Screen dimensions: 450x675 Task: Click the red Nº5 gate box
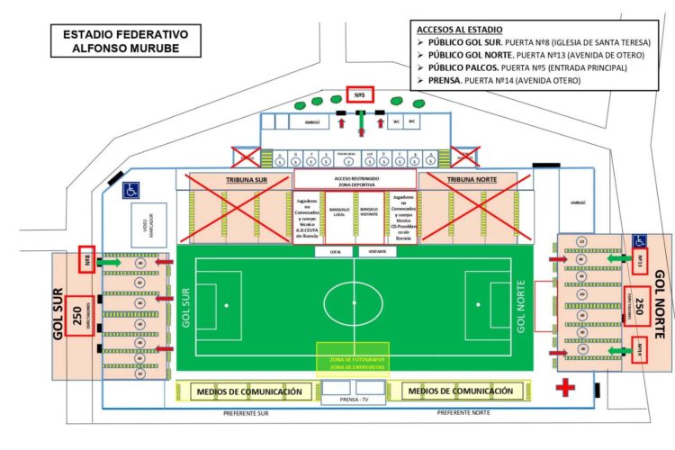(358, 94)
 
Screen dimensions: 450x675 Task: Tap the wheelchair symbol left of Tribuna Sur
(130, 189)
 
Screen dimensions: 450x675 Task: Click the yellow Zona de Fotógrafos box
(352, 362)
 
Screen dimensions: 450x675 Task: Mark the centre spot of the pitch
(352, 305)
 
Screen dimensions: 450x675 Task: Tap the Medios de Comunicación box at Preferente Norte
(461, 391)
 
